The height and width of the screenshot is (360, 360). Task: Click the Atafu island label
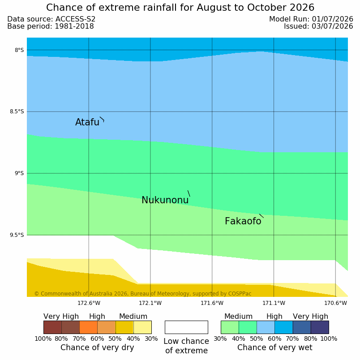(x=87, y=122)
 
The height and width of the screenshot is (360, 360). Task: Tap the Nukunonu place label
(x=165, y=200)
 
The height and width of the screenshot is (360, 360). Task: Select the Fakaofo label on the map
(x=243, y=221)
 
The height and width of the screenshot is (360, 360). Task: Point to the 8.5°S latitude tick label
(x=17, y=111)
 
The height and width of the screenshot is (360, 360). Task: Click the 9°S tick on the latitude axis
(x=19, y=173)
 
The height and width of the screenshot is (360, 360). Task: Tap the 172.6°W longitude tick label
(x=89, y=303)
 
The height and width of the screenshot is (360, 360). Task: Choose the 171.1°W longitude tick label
(x=274, y=303)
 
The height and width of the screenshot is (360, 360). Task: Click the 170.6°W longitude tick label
(x=335, y=303)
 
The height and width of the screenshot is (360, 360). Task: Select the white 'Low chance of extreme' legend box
(x=186, y=327)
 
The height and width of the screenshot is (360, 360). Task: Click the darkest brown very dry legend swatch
(x=52, y=327)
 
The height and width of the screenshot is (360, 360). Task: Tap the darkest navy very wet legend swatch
(x=320, y=327)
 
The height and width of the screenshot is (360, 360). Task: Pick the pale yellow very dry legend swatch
(x=142, y=327)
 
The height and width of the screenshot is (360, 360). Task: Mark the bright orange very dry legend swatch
(x=88, y=327)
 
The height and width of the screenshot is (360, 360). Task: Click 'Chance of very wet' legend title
(x=275, y=347)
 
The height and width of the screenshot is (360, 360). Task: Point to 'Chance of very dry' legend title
(x=97, y=347)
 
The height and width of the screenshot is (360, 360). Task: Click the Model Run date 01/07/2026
(x=332, y=19)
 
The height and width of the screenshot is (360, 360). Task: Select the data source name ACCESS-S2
(x=76, y=19)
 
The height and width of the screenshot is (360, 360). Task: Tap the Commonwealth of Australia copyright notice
(x=143, y=294)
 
